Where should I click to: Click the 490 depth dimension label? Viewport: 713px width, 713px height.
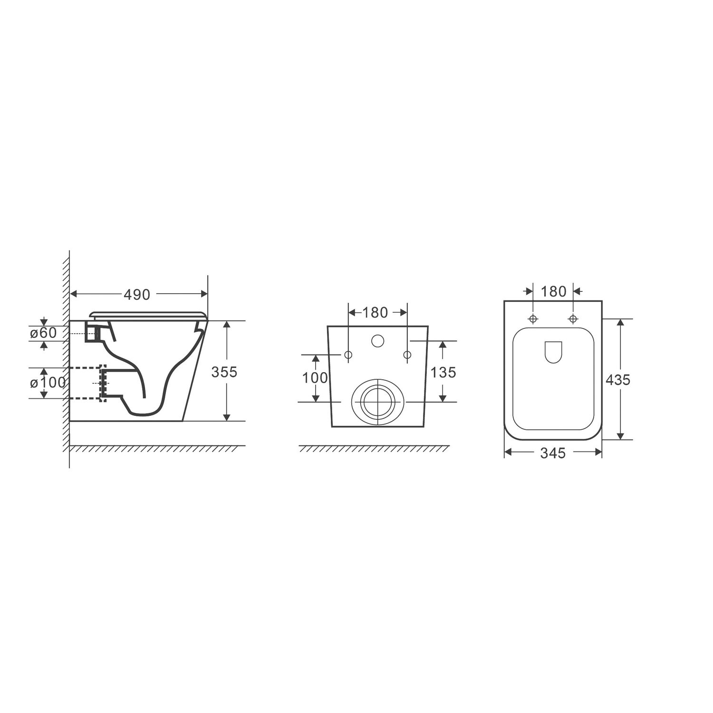pos(137,295)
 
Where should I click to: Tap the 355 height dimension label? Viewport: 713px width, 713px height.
pos(224,372)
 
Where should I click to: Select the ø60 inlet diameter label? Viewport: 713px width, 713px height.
pos(43,333)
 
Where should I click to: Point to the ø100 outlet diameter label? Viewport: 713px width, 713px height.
pos(48,382)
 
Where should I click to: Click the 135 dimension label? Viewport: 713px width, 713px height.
pos(443,372)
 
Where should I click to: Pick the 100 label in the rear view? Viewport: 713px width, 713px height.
pos(316,377)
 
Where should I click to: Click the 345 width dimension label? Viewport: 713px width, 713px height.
pos(553,453)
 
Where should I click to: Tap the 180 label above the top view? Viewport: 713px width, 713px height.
pos(554,291)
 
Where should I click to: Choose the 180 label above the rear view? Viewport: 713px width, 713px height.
pos(376,312)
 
